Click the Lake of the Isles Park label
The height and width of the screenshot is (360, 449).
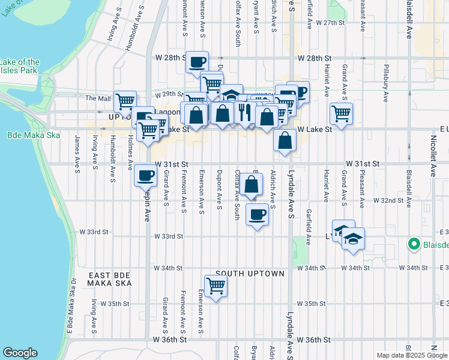(x=20, y=66)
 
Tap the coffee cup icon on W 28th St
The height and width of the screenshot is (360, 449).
(x=197, y=61)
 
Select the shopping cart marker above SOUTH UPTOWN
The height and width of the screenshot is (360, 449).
(x=215, y=286)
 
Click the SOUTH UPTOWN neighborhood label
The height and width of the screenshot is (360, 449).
(x=250, y=274)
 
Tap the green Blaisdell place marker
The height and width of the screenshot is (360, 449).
(x=413, y=244)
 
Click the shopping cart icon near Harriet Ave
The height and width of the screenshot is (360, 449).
(x=341, y=113)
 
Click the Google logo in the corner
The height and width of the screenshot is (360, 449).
(x=20, y=353)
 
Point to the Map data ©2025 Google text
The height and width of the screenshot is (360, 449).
(x=412, y=355)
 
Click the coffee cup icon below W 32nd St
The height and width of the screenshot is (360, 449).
(x=258, y=214)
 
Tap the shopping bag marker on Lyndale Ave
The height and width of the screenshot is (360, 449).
(x=285, y=141)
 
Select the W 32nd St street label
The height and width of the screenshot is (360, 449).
(x=390, y=200)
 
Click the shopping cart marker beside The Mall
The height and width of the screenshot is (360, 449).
(x=125, y=101)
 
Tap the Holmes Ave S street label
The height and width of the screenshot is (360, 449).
(x=130, y=155)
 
